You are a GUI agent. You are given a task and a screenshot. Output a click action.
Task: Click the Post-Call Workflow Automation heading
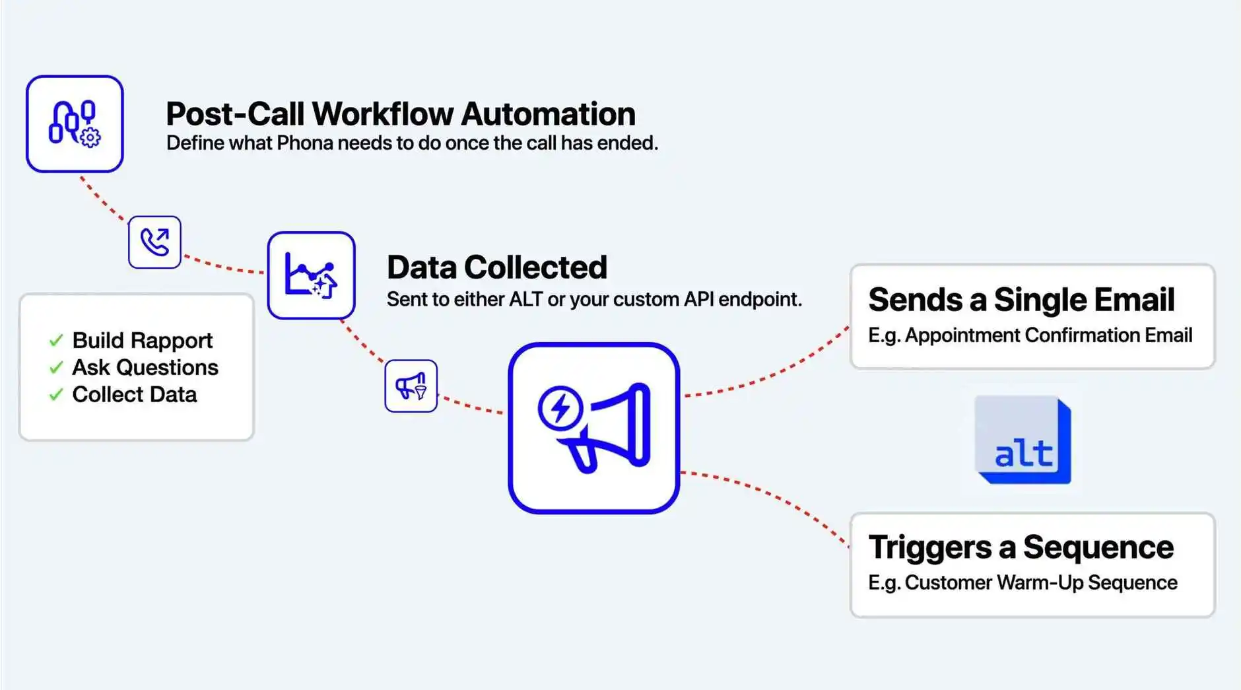click(x=400, y=114)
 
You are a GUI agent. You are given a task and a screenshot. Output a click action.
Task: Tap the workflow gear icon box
click(x=75, y=124)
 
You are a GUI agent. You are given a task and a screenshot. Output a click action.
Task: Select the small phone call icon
click(x=154, y=242)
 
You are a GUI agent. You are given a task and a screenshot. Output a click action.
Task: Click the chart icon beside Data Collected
click(x=311, y=275)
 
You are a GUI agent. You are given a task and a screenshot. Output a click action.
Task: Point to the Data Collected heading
click(x=496, y=267)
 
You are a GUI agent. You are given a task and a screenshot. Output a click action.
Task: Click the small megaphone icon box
click(x=411, y=386)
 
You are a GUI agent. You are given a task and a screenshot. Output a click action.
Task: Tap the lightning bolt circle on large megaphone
click(x=560, y=407)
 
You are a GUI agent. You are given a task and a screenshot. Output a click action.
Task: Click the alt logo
click(x=1023, y=440)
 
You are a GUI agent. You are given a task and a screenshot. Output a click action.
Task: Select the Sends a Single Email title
click(x=1021, y=299)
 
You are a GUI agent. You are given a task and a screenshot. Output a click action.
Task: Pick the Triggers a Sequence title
click(x=1021, y=547)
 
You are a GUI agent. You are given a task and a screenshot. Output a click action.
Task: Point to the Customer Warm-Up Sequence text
click(x=1040, y=582)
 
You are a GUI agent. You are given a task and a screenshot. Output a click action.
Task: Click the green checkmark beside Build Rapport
click(x=56, y=341)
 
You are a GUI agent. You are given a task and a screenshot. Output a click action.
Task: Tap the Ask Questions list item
click(x=145, y=367)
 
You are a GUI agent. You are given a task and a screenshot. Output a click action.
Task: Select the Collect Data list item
click(x=134, y=394)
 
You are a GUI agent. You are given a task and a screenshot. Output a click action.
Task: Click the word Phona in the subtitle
click(x=304, y=143)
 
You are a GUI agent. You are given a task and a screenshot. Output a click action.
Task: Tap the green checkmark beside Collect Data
click(x=56, y=395)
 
